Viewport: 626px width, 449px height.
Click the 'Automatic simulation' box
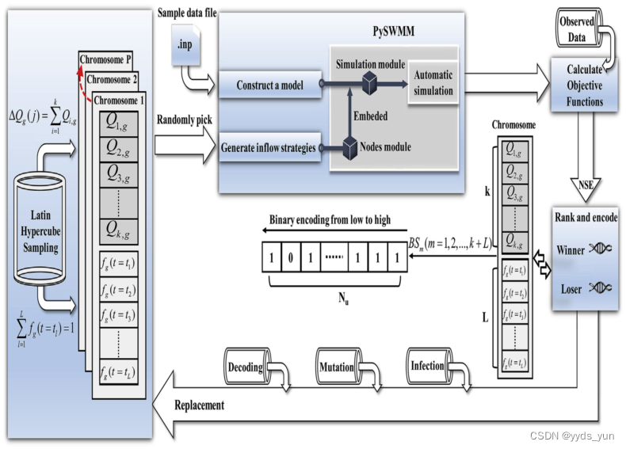[433, 83]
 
